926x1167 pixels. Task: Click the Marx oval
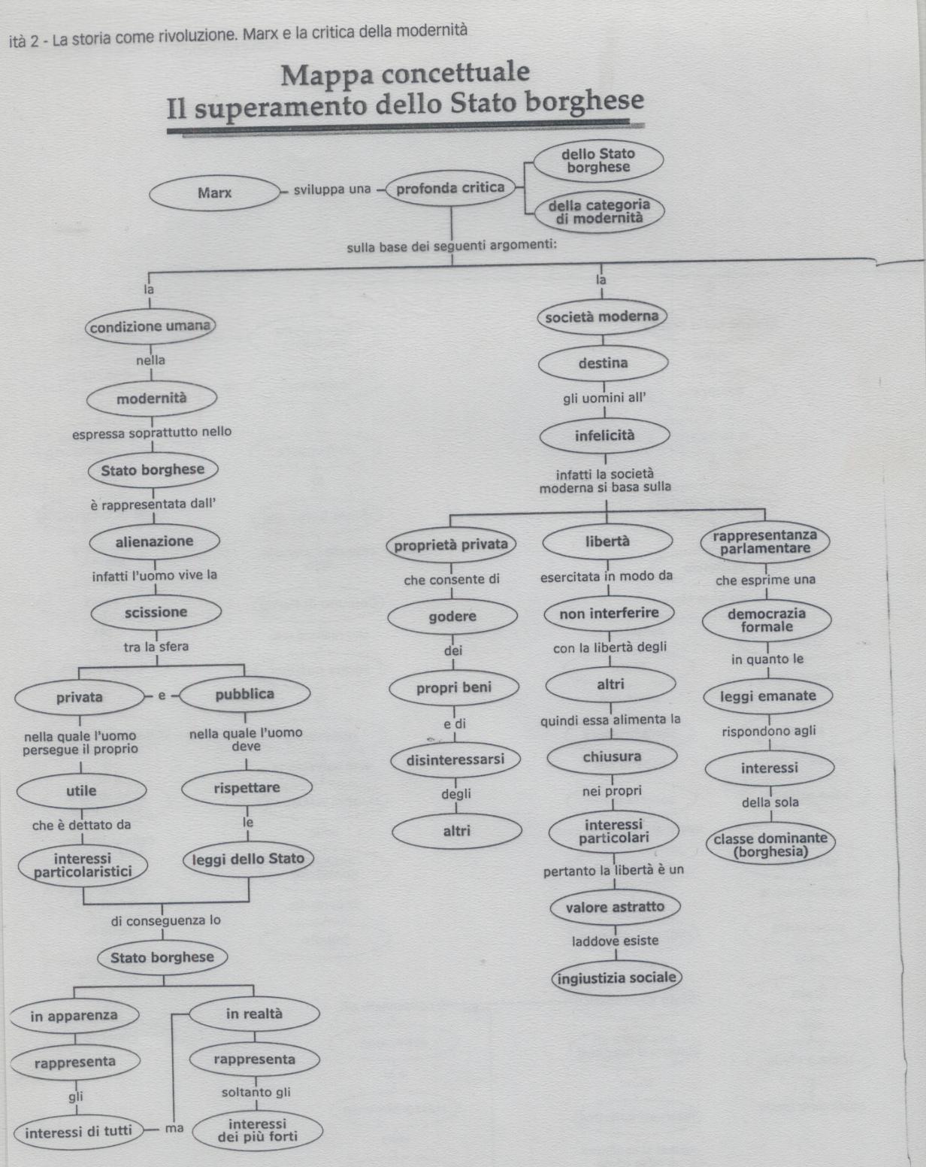click(214, 193)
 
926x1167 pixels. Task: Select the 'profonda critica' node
click(450, 188)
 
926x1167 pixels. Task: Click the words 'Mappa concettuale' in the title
click(405, 74)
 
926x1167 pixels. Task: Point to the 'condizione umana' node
click(150, 326)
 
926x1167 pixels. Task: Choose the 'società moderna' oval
click(602, 317)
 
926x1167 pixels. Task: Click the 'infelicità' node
click(604, 435)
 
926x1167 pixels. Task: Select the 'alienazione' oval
click(155, 541)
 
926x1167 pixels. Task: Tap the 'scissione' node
click(156, 612)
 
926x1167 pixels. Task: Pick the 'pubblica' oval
click(245, 694)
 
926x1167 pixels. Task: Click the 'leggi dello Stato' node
click(248, 859)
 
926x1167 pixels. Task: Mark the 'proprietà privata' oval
click(451, 544)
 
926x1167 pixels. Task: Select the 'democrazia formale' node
click(767, 620)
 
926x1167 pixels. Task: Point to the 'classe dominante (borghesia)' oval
click(770, 845)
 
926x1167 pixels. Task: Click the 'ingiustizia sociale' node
click(616, 978)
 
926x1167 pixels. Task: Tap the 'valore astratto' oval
click(615, 907)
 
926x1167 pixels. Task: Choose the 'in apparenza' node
click(74, 1016)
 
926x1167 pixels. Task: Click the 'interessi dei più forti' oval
click(258, 1131)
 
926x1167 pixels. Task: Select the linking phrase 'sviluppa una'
click(332, 189)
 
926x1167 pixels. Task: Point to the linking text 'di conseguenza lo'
click(166, 920)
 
